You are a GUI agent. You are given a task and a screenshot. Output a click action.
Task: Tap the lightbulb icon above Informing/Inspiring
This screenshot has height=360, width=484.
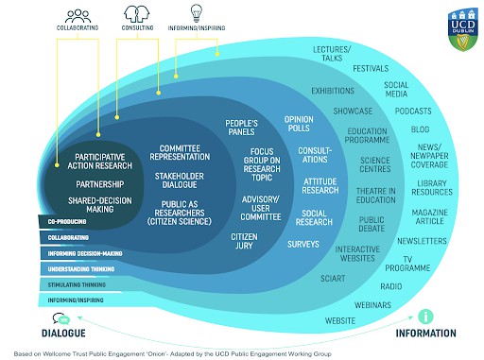coord(197,13)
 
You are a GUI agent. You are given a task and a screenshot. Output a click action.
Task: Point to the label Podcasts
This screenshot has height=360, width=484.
coord(412,111)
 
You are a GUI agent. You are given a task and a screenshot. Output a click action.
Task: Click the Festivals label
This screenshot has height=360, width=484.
coord(372,69)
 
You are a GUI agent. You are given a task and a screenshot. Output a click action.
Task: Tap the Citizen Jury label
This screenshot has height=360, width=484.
coord(245,239)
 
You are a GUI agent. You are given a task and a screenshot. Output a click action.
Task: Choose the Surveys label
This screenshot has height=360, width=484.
coord(304,244)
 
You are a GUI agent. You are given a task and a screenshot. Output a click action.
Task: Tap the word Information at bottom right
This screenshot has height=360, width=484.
coord(425,334)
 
